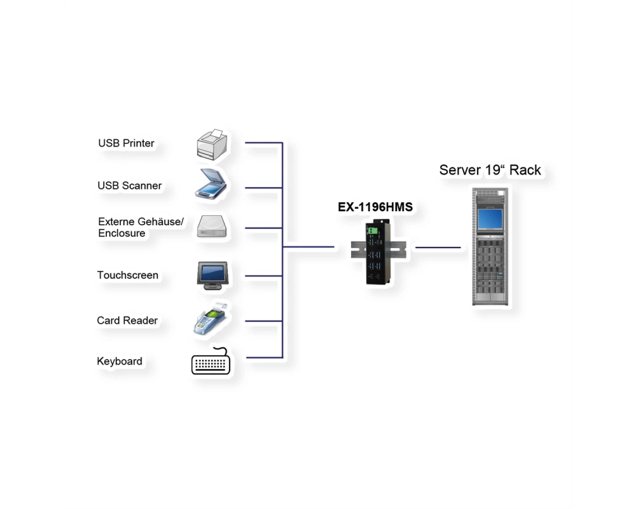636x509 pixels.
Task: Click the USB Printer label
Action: point(126,143)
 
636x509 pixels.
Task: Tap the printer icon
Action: point(212,145)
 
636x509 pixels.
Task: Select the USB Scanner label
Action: point(129,186)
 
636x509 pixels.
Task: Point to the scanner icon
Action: point(211,184)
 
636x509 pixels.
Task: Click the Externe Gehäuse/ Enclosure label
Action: point(141,227)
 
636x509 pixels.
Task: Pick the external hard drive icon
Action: point(212,226)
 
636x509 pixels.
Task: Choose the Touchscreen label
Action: point(128,275)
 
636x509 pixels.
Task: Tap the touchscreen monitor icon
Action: point(212,275)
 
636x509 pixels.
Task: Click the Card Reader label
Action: point(127,321)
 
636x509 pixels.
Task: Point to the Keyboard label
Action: point(120,361)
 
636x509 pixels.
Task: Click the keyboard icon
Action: point(211,361)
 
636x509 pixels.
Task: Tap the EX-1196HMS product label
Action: point(375,207)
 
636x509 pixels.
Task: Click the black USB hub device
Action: point(378,252)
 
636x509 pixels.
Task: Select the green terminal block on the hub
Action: point(372,231)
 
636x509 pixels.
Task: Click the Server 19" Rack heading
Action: point(490,170)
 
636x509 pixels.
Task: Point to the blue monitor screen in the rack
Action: point(490,219)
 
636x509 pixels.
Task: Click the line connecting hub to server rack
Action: point(438,248)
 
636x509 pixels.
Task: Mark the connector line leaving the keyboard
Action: point(264,358)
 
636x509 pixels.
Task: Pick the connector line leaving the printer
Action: point(264,143)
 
